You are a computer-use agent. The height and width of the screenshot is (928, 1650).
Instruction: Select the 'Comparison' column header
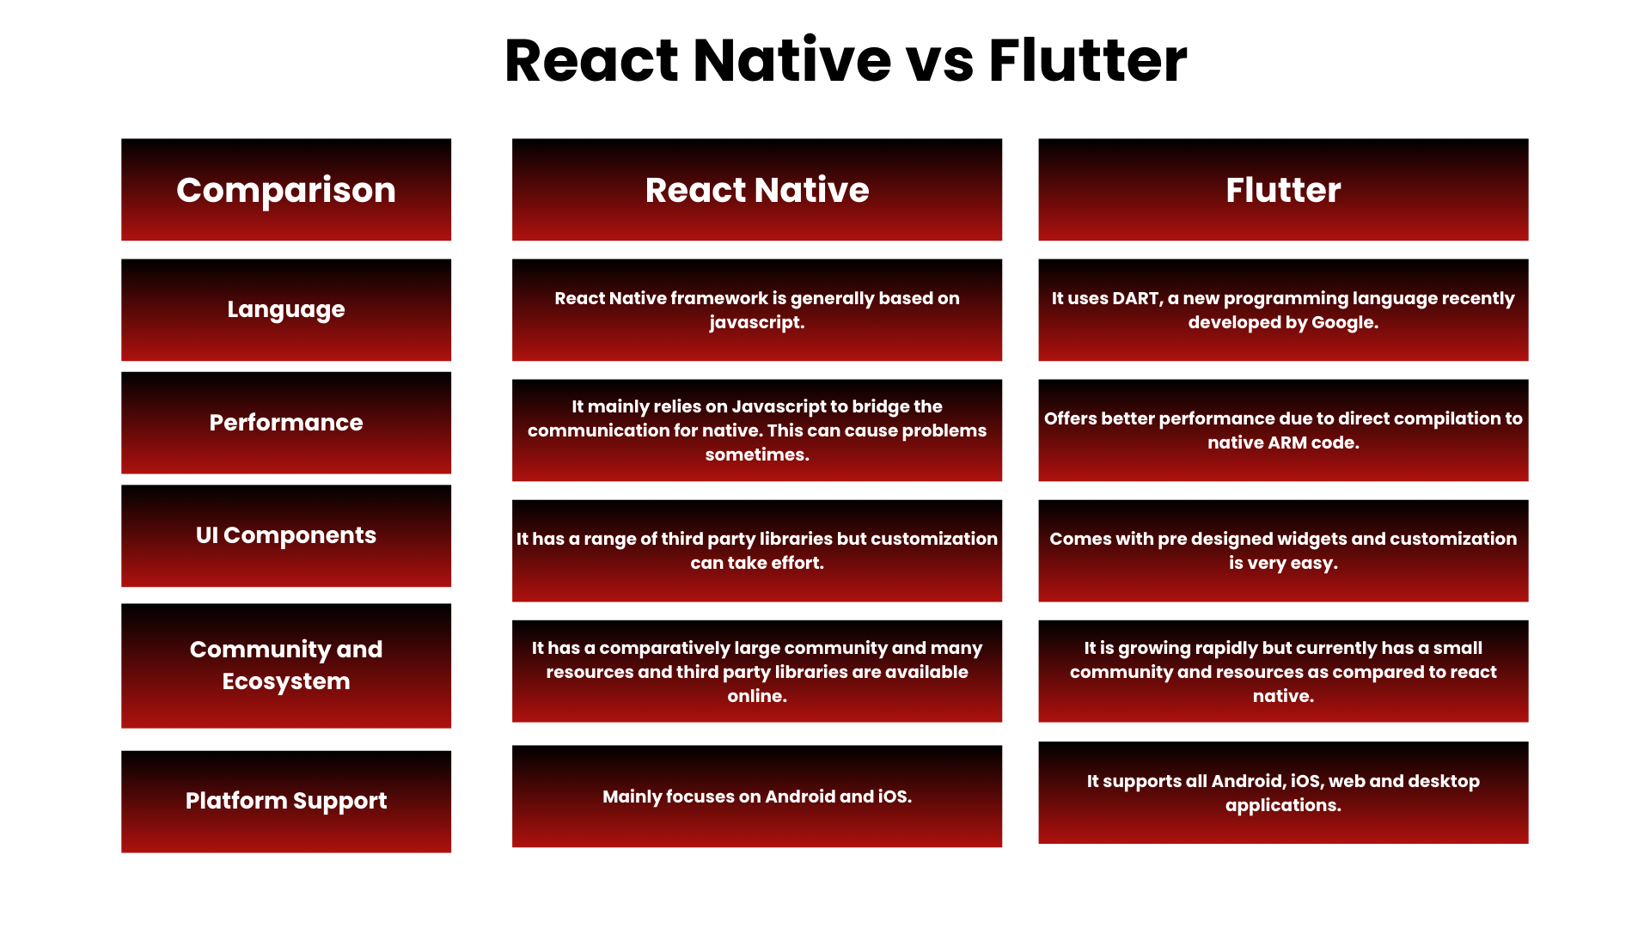286,190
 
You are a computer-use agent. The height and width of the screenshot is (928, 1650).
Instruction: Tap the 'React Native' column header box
757,190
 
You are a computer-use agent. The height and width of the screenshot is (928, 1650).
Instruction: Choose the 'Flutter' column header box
1283,190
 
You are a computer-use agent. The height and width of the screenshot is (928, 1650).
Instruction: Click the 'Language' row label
286,309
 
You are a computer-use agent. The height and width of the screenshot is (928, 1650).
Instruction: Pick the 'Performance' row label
286,423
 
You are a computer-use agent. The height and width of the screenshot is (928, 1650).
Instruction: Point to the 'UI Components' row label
286,535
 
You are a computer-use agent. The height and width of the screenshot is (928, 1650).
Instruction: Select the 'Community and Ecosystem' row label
286,665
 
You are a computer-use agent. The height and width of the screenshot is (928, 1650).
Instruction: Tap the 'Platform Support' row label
286,801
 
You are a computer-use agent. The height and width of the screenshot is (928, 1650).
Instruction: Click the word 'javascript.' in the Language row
757,323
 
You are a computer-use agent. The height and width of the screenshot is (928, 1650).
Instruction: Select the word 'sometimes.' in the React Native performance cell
757,455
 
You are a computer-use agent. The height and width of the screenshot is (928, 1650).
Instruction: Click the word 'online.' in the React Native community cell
757,696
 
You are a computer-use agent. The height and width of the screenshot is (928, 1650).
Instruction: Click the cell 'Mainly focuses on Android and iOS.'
757,797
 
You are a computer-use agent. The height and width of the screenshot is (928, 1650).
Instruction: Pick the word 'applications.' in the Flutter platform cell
1283,805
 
